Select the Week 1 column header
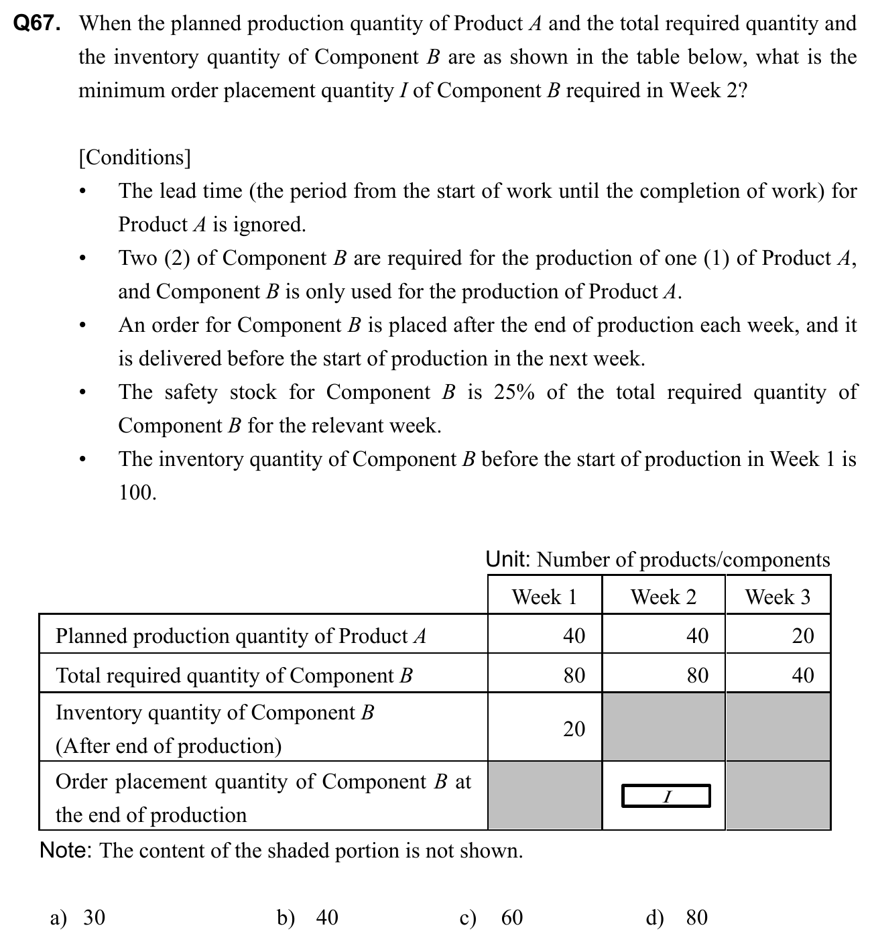pos(544,596)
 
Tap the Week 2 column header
pos(663,596)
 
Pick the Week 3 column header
pos(777,596)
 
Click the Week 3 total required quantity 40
pos(802,674)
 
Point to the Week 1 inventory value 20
pos(574,728)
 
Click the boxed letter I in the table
pos(666,797)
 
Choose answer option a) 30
pos(78,917)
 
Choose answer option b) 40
pos(308,917)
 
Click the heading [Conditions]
pos(135,158)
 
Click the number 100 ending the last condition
pos(137,493)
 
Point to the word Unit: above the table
pos(508,559)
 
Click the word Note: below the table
pos(66,850)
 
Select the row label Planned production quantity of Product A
pos(241,635)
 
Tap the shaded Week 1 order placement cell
pos(544,795)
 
